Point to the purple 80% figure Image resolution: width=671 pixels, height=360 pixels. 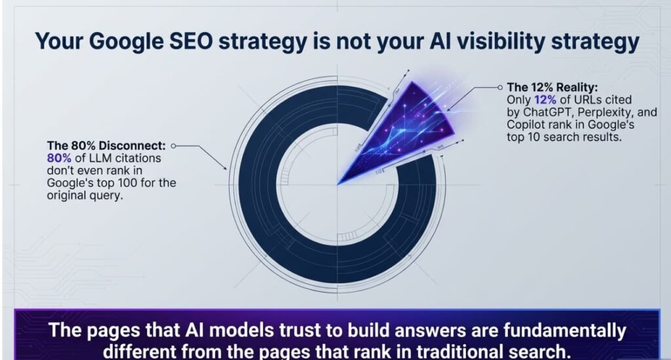click(x=58, y=158)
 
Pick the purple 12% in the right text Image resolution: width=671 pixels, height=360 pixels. click(x=544, y=100)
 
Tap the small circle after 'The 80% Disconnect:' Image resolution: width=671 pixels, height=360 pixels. click(x=174, y=146)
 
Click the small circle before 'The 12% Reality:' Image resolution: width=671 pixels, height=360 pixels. click(x=501, y=87)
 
